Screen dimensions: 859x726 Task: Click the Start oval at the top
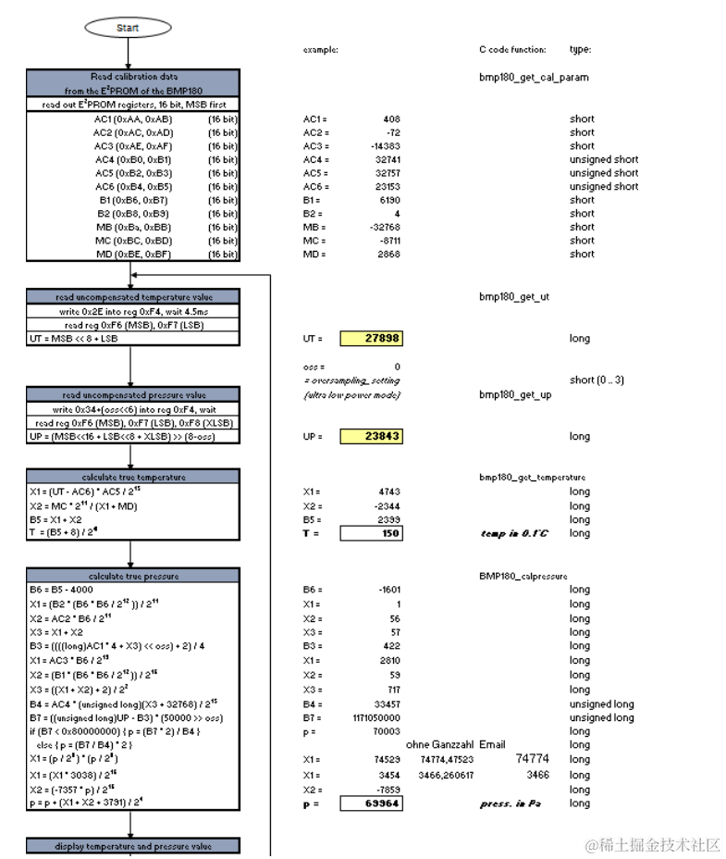point(128,28)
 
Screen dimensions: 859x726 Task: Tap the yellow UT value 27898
point(371,339)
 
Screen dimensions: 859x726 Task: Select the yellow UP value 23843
point(371,436)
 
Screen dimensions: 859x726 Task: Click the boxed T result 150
point(371,533)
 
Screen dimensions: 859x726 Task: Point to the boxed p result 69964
point(371,803)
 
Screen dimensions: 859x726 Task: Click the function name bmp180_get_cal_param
point(534,78)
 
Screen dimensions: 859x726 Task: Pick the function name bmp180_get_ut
point(516,297)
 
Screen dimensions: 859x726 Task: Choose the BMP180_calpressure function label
point(523,576)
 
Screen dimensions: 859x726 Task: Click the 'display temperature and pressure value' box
point(133,845)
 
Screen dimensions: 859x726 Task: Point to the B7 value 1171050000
point(374,717)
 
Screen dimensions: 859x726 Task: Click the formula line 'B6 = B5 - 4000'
point(63,590)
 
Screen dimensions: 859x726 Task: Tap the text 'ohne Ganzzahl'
point(439,744)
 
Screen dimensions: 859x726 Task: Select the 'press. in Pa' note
point(511,803)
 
